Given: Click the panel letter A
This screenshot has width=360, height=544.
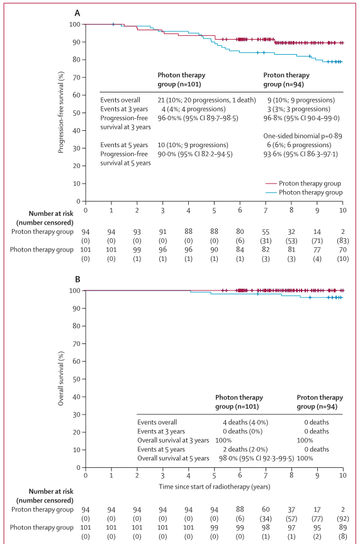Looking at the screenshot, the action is (77, 13).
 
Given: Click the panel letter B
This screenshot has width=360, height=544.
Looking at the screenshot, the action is (77, 279).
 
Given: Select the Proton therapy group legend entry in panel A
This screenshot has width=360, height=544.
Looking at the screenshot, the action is (303, 183).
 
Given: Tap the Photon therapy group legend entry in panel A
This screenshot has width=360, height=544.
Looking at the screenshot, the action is (304, 192).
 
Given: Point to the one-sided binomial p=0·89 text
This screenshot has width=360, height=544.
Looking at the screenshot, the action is (302, 136).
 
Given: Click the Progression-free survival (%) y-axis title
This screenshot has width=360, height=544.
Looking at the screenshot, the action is (61, 113).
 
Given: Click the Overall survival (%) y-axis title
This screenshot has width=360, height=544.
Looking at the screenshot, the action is (61, 379).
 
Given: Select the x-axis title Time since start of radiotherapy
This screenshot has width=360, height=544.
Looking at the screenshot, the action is (215, 486).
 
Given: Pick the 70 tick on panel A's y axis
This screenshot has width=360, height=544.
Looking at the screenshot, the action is (77, 77).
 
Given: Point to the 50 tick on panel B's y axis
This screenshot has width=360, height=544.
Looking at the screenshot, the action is (77, 379).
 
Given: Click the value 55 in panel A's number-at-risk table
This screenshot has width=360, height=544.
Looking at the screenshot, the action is (266, 232).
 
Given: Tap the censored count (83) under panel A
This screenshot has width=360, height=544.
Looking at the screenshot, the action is (342, 241).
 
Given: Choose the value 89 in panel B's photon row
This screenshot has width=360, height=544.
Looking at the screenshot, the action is (342, 528).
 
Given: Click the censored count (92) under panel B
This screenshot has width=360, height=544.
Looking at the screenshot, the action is (342, 519).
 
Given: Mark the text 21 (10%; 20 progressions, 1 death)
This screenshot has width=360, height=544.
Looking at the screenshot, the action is (206, 100).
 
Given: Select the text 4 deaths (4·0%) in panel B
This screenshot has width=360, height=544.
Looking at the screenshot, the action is (245, 422).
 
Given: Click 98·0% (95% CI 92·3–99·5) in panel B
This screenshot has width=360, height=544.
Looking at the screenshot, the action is (256, 458).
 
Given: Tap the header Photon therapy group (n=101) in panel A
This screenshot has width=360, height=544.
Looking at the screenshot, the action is (181, 79).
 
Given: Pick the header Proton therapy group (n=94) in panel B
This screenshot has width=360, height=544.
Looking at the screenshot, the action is (320, 402).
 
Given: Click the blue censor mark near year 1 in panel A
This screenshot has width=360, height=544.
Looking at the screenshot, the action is (113, 25).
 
